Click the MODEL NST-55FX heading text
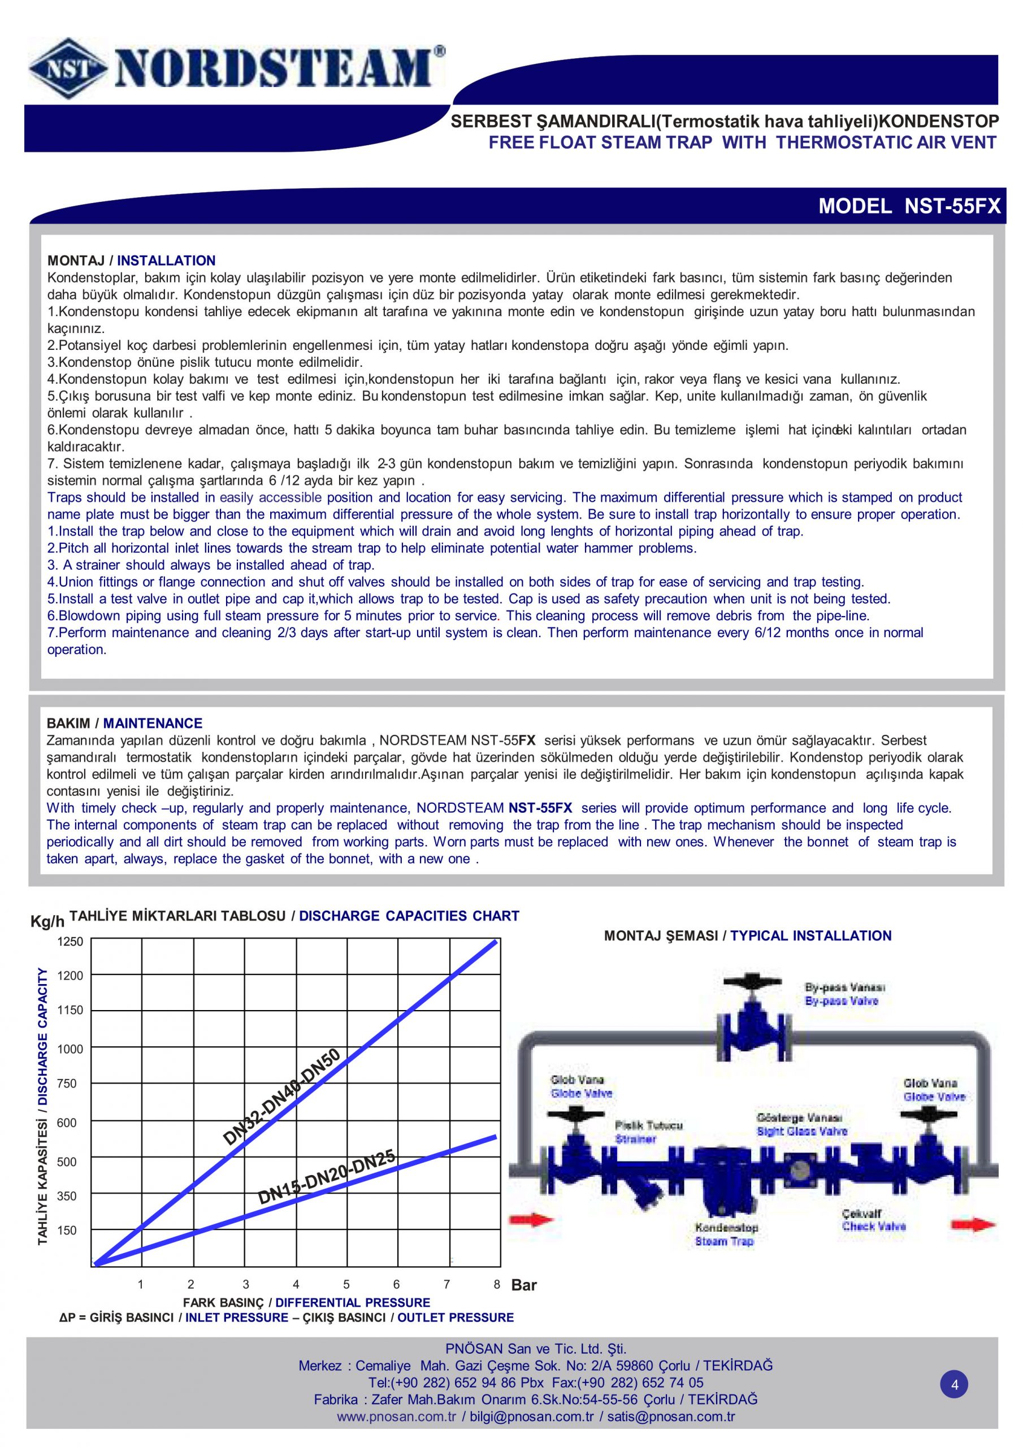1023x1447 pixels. [909, 206]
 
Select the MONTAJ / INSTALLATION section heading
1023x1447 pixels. [131, 260]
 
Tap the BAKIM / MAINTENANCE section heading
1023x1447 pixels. [124, 723]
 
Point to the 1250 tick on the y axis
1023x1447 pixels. [70, 942]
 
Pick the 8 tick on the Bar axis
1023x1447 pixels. [497, 1284]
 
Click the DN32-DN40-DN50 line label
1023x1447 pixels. [282, 1096]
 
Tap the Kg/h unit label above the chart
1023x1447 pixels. [47, 922]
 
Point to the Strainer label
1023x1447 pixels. [635, 1140]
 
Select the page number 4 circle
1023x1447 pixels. [954, 1385]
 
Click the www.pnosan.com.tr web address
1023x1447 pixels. [396, 1416]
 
